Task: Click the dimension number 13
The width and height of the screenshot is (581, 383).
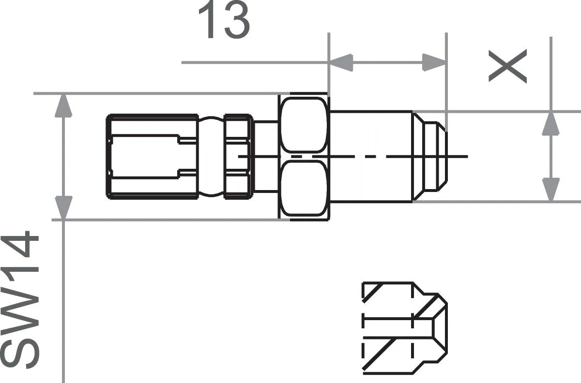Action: pos(224,20)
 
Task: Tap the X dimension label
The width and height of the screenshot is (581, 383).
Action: pos(507,67)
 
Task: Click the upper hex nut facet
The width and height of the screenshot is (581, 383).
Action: pos(304,125)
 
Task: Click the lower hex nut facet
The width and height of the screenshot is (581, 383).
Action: pos(304,189)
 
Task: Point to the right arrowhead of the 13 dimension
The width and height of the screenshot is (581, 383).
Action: pos(434,62)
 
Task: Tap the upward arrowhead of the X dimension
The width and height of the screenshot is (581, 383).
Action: pos(550,123)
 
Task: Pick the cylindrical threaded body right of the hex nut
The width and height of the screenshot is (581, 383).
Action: pos(370,156)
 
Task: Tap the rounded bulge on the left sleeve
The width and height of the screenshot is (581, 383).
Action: pos(211,156)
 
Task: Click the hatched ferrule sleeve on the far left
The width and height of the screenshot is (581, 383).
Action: pos(152,156)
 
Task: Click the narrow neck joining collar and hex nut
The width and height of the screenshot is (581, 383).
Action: pos(266,156)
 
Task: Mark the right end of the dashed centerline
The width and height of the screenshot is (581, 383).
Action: pos(467,156)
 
